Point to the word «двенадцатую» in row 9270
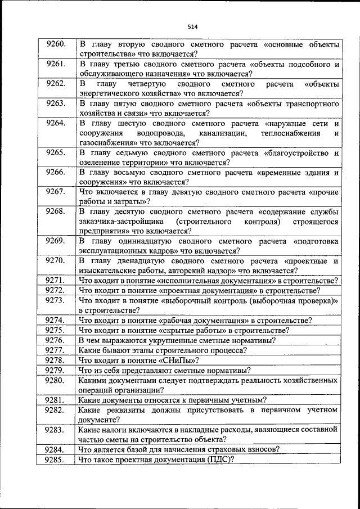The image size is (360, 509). tap(137, 261)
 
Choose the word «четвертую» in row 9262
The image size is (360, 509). tap(147, 84)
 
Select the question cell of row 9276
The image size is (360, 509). tap(208, 341)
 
